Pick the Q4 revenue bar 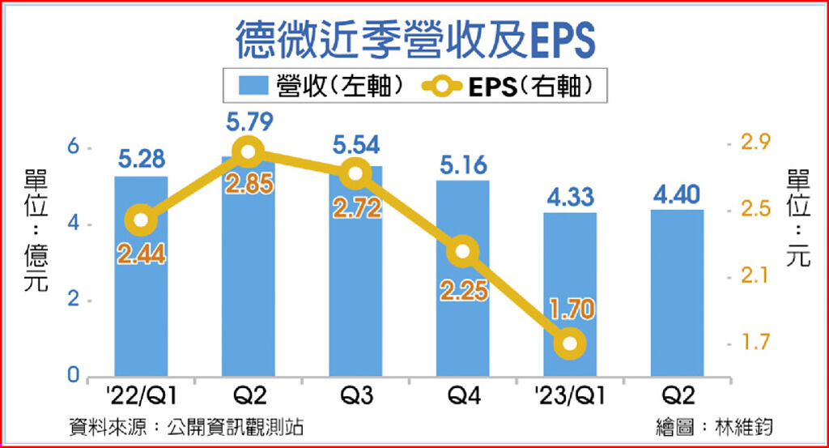coord(463,324)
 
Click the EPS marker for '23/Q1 coord(570,343)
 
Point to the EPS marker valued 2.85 coord(248,151)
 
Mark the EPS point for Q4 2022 coord(463,251)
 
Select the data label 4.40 coord(678,194)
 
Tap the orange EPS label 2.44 coord(141,254)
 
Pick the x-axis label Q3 coord(355,398)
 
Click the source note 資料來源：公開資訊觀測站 coord(187,427)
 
